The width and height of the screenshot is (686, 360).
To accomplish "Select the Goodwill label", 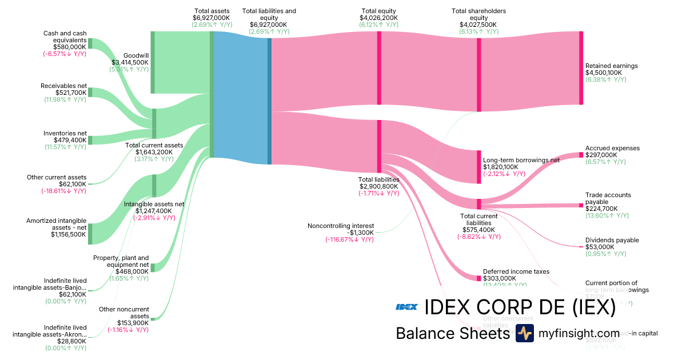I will pyautogui.click(x=136, y=56).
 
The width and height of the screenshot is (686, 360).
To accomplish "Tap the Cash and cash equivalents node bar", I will pyautogui.click(x=90, y=44).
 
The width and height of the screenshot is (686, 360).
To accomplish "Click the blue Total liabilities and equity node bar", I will pyautogui.click(x=269, y=98).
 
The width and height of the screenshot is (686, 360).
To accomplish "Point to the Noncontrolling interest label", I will pyautogui.click(x=341, y=226).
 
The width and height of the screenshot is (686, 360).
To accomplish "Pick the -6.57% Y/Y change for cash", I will pyautogui.click(x=64, y=54).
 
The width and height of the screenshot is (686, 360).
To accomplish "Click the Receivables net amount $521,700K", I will pyautogui.click(x=71, y=93).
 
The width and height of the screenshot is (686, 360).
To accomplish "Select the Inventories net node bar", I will pyautogui.click(x=90, y=140).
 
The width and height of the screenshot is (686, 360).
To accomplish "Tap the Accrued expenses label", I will pyautogui.click(x=612, y=148).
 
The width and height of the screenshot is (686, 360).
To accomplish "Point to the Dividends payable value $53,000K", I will pyautogui.click(x=600, y=247).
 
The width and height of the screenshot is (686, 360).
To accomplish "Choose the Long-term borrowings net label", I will pyautogui.click(x=521, y=160).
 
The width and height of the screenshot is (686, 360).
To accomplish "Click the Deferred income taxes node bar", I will pyautogui.click(x=479, y=278).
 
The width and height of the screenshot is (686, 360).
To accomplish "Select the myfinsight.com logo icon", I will pyautogui.click(x=524, y=333).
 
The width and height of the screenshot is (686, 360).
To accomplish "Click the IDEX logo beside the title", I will pyautogui.click(x=406, y=307).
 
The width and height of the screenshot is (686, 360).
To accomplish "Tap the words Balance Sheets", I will pyautogui.click(x=452, y=333).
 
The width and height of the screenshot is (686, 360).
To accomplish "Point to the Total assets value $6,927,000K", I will pyautogui.click(x=212, y=18).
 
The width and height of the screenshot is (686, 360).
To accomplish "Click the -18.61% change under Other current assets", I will pyautogui.click(x=64, y=191).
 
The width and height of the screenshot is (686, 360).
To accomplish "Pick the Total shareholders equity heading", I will pyautogui.click(x=478, y=14).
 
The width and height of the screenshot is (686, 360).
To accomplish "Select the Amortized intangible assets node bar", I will pyautogui.click(x=90, y=234).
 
